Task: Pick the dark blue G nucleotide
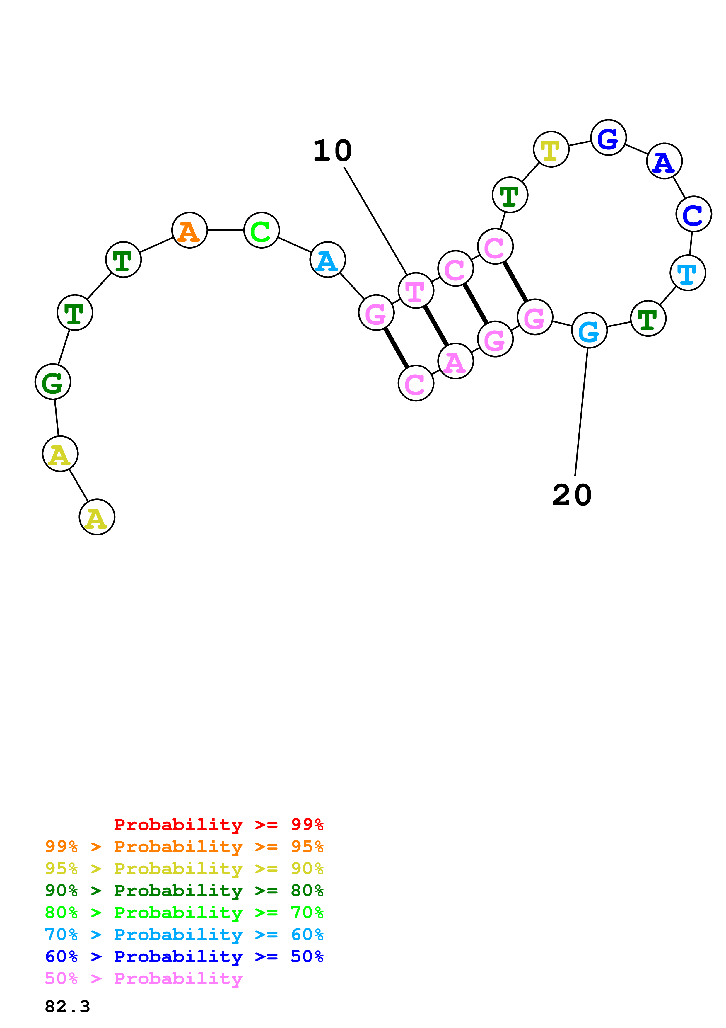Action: point(608,137)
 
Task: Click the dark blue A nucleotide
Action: point(664,161)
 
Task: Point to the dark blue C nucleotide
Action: point(693,214)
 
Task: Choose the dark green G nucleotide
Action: point(53,382)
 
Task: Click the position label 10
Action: point(332,151)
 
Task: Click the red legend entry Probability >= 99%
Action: point(218,825)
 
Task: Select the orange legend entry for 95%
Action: point(184,847)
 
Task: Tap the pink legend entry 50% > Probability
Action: point(144,979)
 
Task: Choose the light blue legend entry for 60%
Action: point(184,935)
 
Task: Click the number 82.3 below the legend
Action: point(67,1007)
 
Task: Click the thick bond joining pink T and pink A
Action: point(436,326)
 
